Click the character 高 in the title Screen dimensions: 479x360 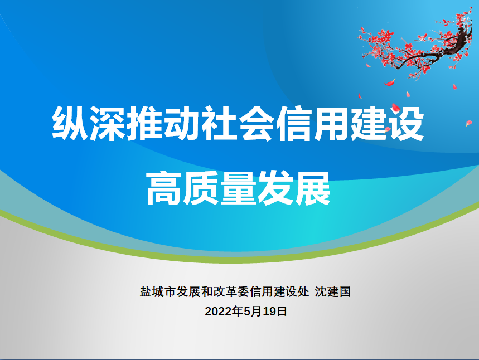(164, 188)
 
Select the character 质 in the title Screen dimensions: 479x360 (202, 188)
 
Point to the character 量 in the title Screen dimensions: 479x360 (239, 188)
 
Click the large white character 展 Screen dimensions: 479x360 (313, 188)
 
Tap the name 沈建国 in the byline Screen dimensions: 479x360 (333, 292)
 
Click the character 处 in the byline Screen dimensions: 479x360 (304, 292)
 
